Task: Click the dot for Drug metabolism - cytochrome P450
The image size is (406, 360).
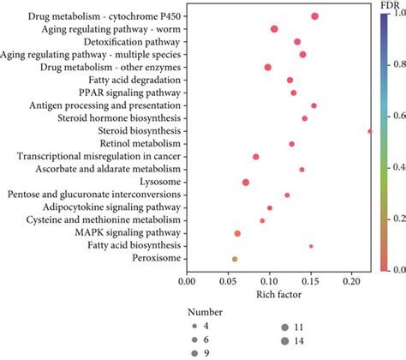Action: tap(315, 16)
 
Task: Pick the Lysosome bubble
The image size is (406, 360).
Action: tap(246, 207)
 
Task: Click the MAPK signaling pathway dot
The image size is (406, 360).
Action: tap(237, 233)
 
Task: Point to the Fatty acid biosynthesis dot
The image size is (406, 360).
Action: tap(311, 246)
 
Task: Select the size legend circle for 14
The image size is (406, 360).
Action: tap(284, 340)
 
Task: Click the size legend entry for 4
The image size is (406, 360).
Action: tap(195, 327)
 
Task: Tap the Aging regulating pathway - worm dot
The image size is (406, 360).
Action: tap(274, 29)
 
